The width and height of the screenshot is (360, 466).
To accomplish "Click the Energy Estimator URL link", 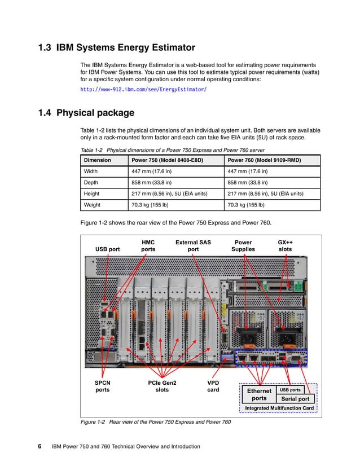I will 143,90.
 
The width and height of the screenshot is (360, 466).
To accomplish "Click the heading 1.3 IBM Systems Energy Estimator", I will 116,47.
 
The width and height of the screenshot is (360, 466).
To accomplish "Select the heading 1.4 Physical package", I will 86,113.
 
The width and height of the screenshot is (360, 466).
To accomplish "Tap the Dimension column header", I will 97,160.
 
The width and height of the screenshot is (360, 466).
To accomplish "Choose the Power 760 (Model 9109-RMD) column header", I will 264,160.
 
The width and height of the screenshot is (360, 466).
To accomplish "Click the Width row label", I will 91,172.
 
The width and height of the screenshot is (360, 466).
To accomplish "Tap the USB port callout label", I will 107,249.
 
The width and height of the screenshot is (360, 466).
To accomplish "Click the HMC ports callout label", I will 148,246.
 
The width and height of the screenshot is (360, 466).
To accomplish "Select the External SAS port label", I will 193,246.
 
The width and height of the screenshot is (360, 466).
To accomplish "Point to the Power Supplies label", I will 243,246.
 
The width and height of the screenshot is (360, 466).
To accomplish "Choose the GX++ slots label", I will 286,246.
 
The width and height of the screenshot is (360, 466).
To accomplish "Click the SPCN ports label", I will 102,386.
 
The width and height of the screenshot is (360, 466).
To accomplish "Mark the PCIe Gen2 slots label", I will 162,386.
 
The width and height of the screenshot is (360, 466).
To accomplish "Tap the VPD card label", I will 213,386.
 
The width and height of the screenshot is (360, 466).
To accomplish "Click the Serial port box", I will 293,399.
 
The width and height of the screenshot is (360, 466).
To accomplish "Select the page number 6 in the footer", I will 40,447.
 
